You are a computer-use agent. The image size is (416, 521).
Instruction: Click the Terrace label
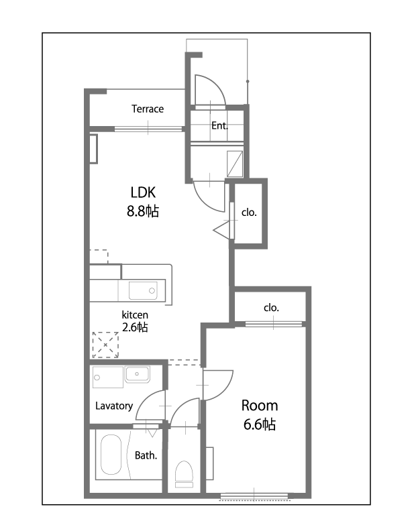pos(148,109)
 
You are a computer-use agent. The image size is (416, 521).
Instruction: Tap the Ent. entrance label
pos(219,125)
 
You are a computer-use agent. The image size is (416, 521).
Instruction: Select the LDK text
pos(143,192)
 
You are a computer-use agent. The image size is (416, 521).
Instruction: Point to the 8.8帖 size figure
pos(143,211)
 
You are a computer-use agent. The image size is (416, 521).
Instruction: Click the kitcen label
pos(135,314)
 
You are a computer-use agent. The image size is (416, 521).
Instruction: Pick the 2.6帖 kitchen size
pos(135,327)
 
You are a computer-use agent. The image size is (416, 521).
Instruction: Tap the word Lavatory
pos(114,406)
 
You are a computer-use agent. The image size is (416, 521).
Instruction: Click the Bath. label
pos(146,455)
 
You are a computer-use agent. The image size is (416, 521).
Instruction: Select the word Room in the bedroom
pos(260,406)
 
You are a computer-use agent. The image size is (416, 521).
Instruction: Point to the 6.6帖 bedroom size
pos(260,424)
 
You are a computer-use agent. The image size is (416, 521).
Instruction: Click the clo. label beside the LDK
pos(249,213)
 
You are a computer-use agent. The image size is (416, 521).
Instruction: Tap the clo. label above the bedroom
pos(271,308)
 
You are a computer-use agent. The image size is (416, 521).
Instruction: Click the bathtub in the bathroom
pos(111,455)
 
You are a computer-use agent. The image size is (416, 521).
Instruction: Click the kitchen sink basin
pos(143,290)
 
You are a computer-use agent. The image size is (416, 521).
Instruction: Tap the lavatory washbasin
pos(137,374)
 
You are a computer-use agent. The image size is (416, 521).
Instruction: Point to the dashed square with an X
pos(105,345)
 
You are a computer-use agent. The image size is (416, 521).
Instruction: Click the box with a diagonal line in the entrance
pos(235,164)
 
